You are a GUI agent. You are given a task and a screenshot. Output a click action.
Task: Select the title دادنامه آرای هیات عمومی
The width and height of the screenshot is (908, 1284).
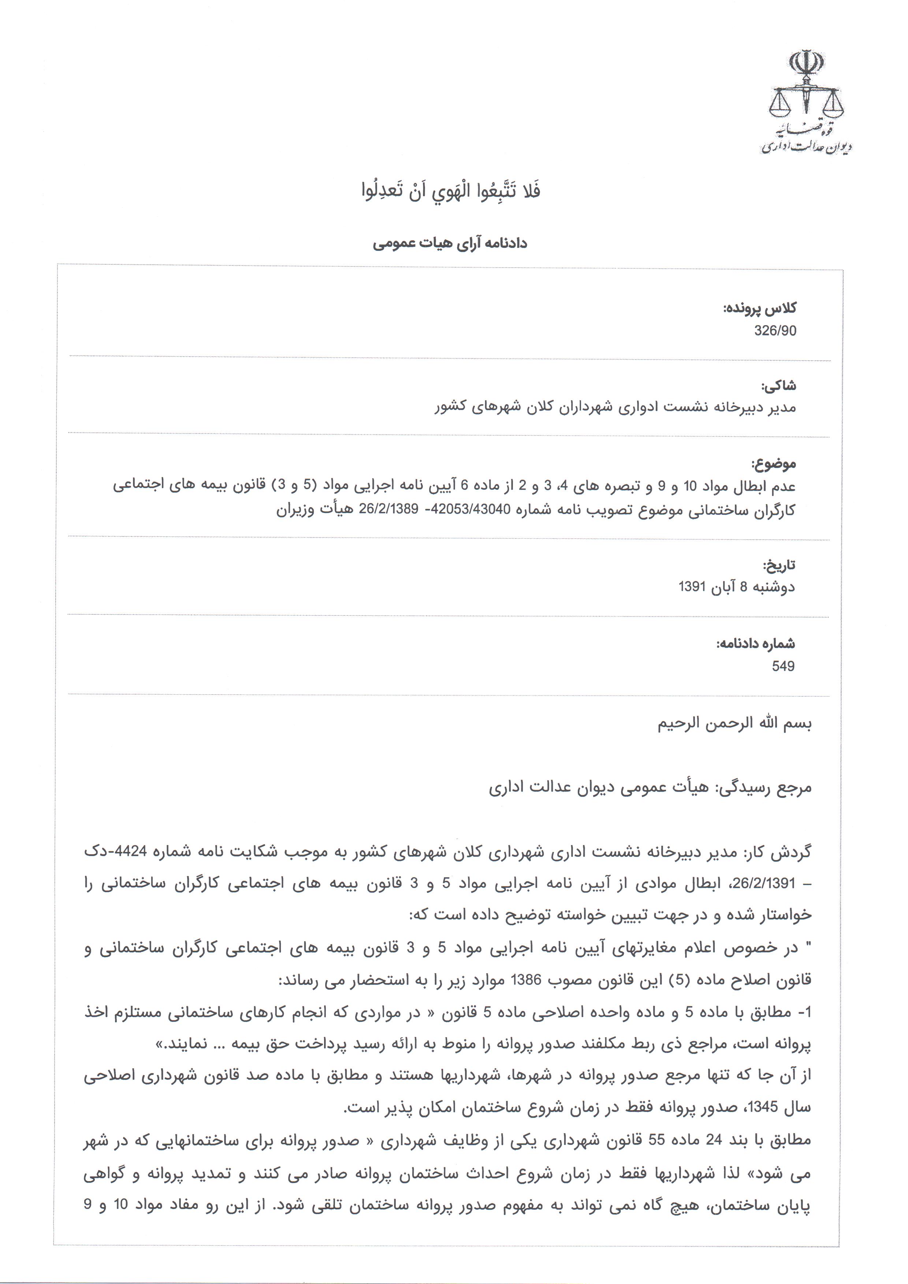point(450,244)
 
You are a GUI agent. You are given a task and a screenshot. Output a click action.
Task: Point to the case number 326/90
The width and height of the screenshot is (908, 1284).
point(775,331)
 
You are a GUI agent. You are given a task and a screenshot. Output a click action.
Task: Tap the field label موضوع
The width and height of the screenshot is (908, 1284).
point(773,463)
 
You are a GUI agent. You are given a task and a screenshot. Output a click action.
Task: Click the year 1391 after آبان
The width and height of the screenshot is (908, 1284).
point(694,587)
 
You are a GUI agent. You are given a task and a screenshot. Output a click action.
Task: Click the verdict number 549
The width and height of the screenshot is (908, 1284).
point(783,666)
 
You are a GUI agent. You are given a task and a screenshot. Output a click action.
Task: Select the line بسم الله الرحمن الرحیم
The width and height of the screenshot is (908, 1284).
point(734,724)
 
